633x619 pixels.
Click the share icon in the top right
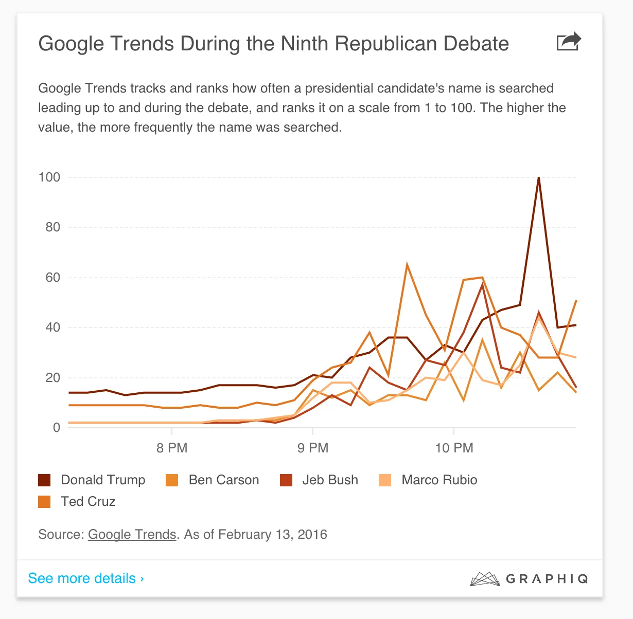point(568,42)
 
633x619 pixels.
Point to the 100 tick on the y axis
point(49,177)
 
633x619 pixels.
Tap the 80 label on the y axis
point(52,227)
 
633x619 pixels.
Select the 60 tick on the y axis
point(52,278)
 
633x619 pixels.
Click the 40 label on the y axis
point(52,327)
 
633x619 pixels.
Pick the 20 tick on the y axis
point(52,378)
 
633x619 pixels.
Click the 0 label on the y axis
point(57,428)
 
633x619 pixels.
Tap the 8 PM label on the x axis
point(172,448)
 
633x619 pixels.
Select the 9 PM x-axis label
point(313,448)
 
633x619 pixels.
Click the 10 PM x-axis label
point(454,448)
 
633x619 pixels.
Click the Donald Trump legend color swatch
point(44,480)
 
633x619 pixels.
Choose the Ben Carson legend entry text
point(223,480)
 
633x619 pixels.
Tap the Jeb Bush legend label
point(330,480)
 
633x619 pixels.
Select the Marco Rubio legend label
point(439,480)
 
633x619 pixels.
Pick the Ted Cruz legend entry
point(88,502)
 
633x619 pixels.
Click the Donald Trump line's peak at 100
point(538,178)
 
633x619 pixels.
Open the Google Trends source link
point(132,535)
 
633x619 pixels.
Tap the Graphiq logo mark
point(485,579)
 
